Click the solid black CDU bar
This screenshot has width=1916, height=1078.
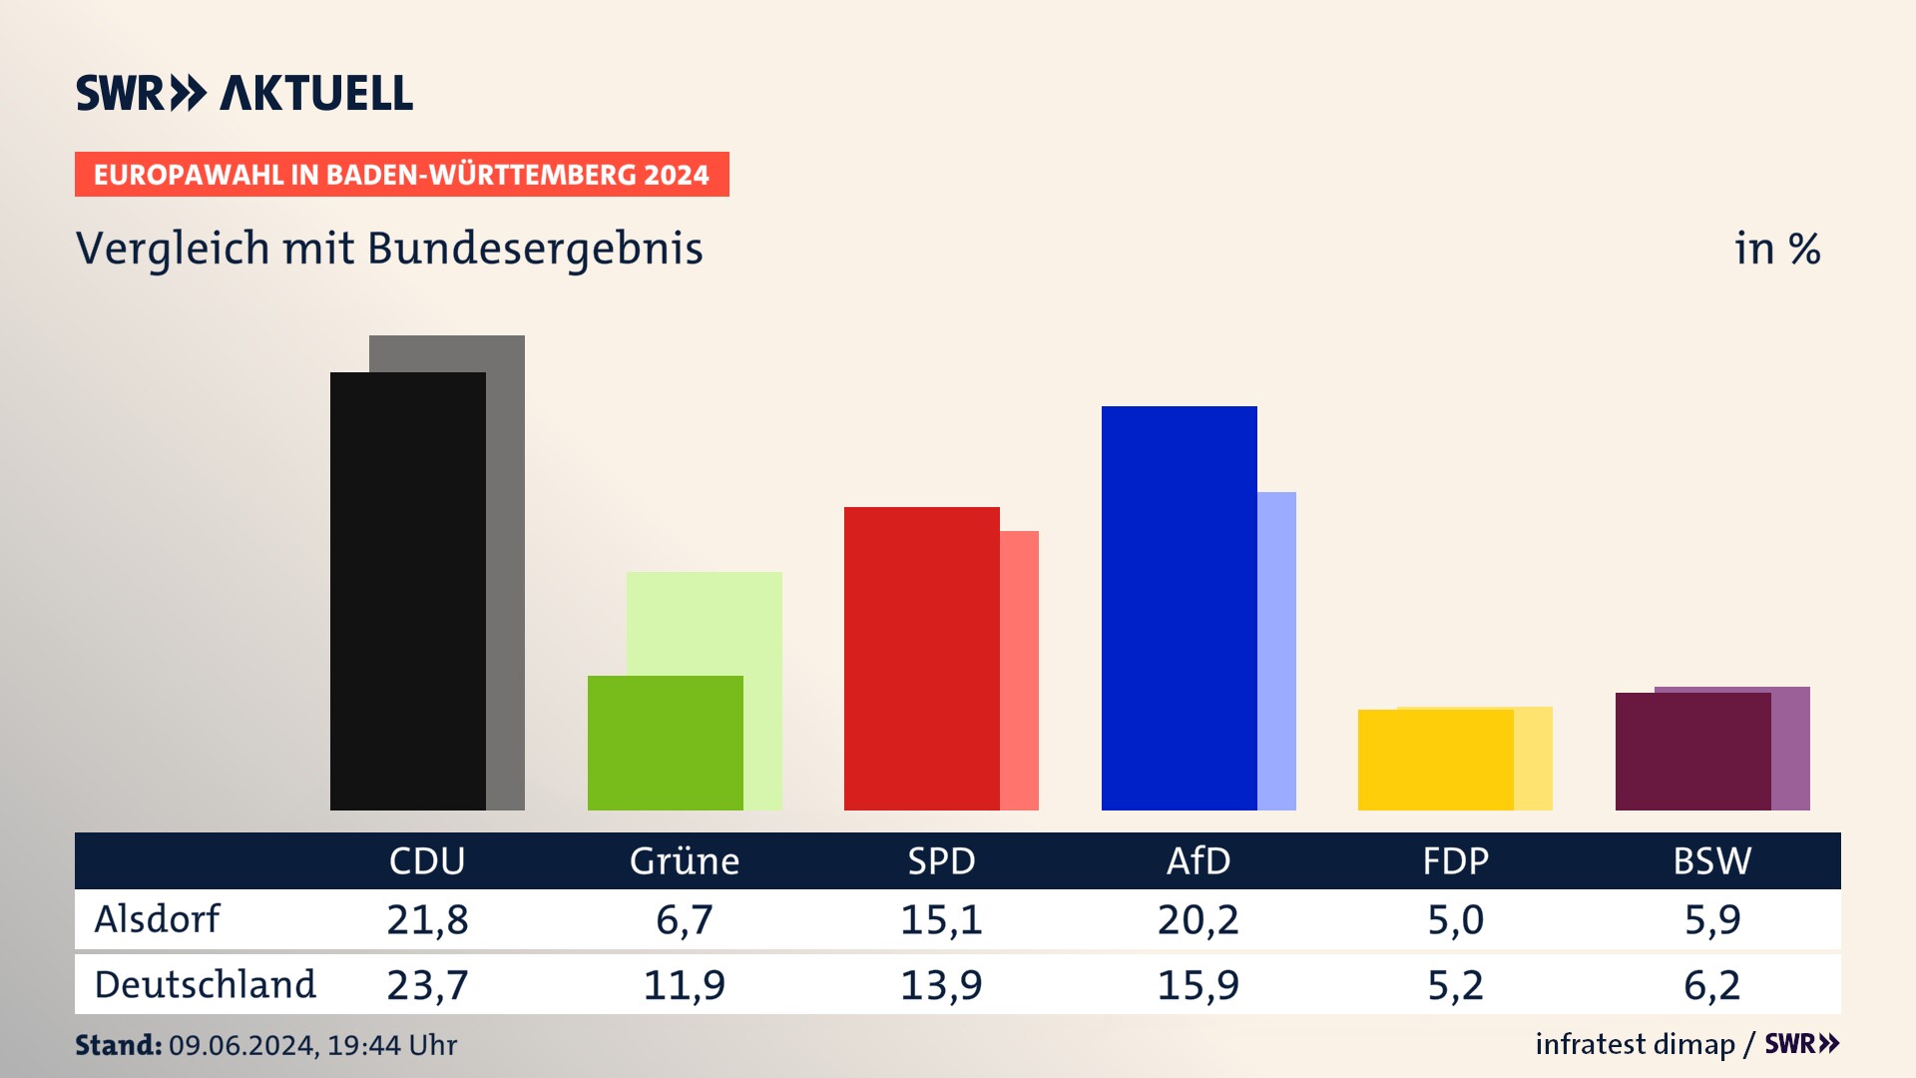click(x=407, y=591)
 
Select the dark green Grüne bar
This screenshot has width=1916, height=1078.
click(x=665, y=743)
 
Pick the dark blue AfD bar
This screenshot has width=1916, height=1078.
click(x=1179, y=608)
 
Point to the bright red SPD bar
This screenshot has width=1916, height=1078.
click(x=921, y=659)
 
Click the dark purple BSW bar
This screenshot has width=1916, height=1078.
click(x=1692, y=752)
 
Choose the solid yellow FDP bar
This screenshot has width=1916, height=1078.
click(x=1435, y=760)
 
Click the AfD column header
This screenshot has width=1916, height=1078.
click(x=1198, y=861)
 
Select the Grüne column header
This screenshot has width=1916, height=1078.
click(x=685, y=861)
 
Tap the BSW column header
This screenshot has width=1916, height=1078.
click(x=1712, y=861)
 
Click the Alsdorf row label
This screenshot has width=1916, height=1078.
click(x=157, y=919)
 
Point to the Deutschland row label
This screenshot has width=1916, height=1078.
click(x=205, y=985)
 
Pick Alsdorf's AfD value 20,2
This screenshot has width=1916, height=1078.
click(x=1198, y=919)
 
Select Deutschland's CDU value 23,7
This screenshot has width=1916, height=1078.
click(x=427, y=985)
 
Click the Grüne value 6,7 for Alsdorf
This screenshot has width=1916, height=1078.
click(x=685, y=919)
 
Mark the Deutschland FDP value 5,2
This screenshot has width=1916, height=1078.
click(x=1455, y=985)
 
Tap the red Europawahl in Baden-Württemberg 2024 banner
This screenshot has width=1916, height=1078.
click(x=401, y=175)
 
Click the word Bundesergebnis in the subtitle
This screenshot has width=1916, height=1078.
click(x=535, y=250)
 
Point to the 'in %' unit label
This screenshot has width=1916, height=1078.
click(x=1777, y=250)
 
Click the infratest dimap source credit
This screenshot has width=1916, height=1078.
click(x=1635, y=1044)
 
